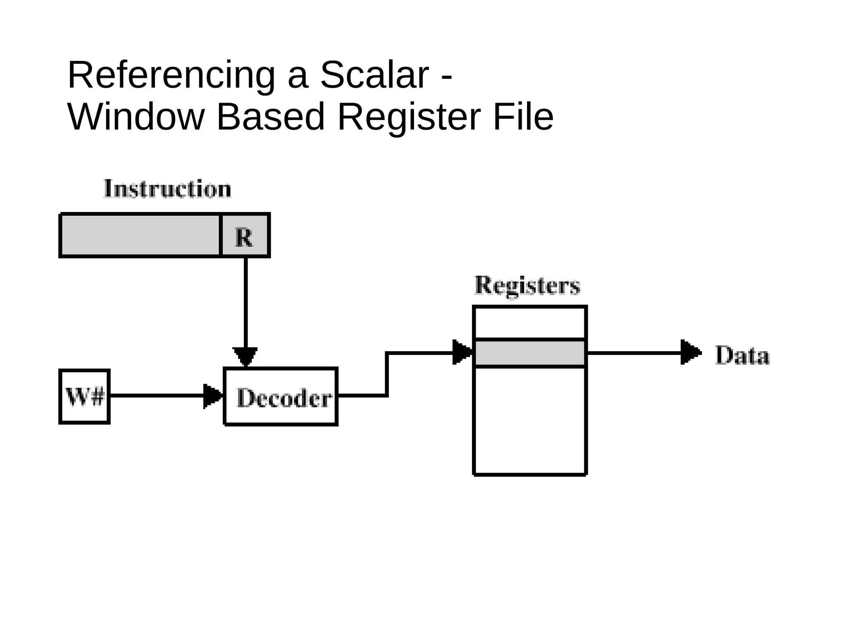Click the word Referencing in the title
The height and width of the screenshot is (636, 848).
click(171, 76)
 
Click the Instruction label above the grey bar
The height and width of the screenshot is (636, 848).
click(167, 189)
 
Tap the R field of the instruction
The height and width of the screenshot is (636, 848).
click(244, 236)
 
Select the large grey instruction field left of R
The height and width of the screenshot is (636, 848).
click(140, 236)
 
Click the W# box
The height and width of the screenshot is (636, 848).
click(84, 397)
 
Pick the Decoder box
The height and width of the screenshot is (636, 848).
click(281, 397)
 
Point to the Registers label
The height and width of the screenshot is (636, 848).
click(527, 286)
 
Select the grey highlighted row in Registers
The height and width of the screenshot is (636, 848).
click(530, 353)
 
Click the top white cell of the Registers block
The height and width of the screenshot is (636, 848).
click(530, 323)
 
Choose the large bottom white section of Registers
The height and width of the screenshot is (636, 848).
click(530, 420)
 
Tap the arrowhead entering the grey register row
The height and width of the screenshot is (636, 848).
click(462, 352)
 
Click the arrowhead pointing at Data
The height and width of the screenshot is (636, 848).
click(690, 352)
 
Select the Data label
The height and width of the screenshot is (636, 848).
click(742, 356)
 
